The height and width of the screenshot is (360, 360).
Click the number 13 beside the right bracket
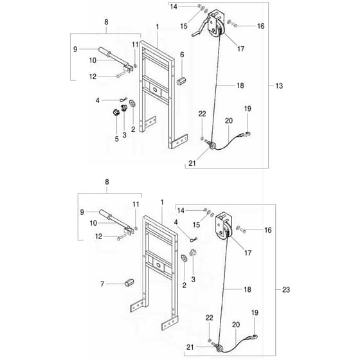click(x=279, y=86)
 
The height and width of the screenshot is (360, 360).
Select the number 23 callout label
click(x=286, y=290)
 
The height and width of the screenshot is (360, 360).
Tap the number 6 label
click(x=182, y=55)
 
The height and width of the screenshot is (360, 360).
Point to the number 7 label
click(x=102, y=284)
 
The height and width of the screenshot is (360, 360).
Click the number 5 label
click(x=116, y=139)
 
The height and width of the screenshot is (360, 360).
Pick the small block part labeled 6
click(x=181, y=81)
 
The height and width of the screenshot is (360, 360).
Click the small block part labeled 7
click(x=129, y=282)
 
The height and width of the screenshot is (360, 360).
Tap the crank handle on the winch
click(x=200, y=29)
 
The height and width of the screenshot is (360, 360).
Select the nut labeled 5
click(x=116, y=113)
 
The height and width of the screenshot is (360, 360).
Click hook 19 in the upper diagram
click(x=248, y=134)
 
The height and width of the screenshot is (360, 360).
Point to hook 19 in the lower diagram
click(x=255, y=337)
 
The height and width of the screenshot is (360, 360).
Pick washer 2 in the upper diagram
click(x=132, y=104)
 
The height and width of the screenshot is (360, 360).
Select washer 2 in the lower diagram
click(x=184, y=258)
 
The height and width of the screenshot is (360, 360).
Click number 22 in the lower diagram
click(x=209, y=318)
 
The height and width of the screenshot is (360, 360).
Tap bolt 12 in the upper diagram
click(x=121, y=75)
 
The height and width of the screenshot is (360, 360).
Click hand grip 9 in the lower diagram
click(x=105, y=213)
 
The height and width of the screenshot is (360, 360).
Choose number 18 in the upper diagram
click(x=240, y=85)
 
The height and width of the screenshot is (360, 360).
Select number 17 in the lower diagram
click(x=248, y=253)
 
